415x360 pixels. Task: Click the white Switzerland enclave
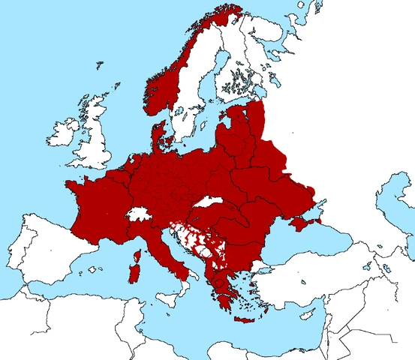[138, 214]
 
